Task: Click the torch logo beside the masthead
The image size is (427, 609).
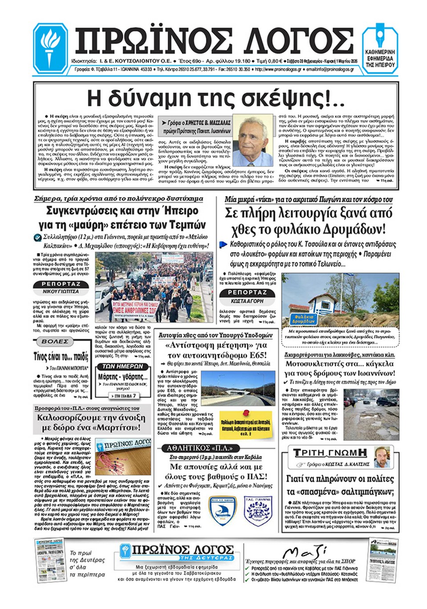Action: click(x=50, y=48)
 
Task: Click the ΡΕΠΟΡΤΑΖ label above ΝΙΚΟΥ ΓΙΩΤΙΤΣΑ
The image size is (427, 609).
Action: click(x=61, y=284)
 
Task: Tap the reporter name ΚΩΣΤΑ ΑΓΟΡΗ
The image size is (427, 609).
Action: click(x=247, y=301)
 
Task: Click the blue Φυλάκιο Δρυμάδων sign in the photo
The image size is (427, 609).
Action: click(x=303, y=318)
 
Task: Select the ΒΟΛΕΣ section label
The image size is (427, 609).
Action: click(x=55, y=341)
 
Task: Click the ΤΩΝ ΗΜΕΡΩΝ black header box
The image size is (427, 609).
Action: click(x=122, y=366)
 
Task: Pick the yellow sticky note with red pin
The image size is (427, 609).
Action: click(x=245, y=425)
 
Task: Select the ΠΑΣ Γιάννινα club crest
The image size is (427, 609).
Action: click(x=258, y=511)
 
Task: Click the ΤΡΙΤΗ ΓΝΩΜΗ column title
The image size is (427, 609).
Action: click(x=330, y=453)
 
